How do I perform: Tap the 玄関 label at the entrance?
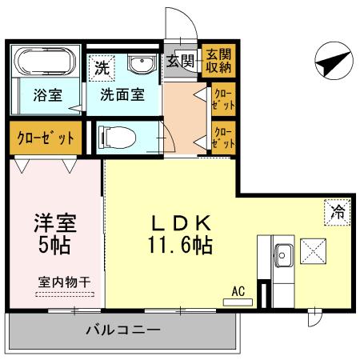(x=181, y=58)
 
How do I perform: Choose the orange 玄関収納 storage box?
(x=218, y=60)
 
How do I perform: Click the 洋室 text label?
(x=54, y=220)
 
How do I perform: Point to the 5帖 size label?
(x=54, y=243)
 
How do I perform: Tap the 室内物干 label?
(x=64, y=281)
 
